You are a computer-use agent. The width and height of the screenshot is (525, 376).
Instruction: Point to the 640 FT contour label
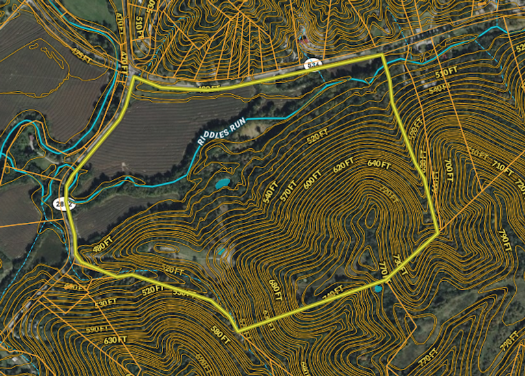tap(378, 164)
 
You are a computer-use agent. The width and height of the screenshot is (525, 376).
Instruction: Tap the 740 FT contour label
tap(333, 293)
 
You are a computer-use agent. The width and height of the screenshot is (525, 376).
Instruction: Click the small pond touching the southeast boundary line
tap(378, 288)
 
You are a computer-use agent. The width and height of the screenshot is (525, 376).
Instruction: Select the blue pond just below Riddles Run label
tap(222, 183)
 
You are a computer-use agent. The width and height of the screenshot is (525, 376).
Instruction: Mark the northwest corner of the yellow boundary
tap(134, 79)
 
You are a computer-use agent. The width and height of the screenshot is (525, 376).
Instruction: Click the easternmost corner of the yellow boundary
tap(439, 232)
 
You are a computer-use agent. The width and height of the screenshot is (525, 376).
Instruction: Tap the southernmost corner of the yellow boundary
tap(238, 331)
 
